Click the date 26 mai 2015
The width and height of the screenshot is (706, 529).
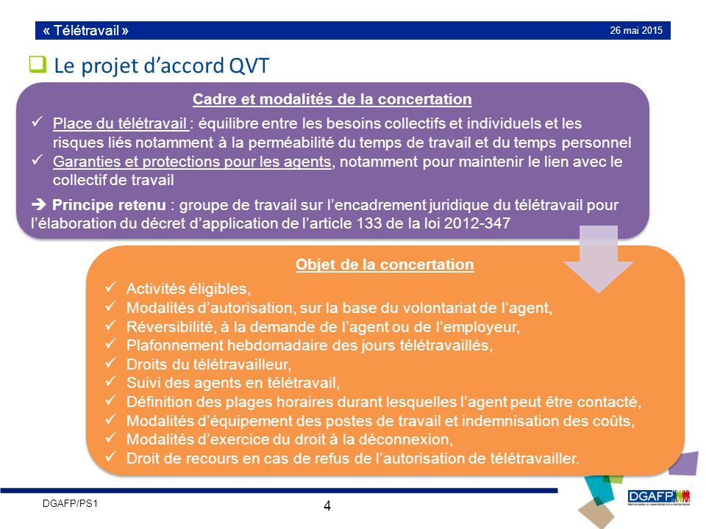(636, 30)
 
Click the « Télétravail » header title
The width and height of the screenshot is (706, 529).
(86, 31)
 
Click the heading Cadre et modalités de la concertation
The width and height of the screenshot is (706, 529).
(332, 99)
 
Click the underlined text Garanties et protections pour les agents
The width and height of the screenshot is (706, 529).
(192, 162)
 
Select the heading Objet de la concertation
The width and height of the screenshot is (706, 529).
(385, 264)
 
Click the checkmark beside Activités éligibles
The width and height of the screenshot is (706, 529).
(112, 287)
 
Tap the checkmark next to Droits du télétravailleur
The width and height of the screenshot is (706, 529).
(112, 363)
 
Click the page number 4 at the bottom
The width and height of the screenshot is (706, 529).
(327, 505)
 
